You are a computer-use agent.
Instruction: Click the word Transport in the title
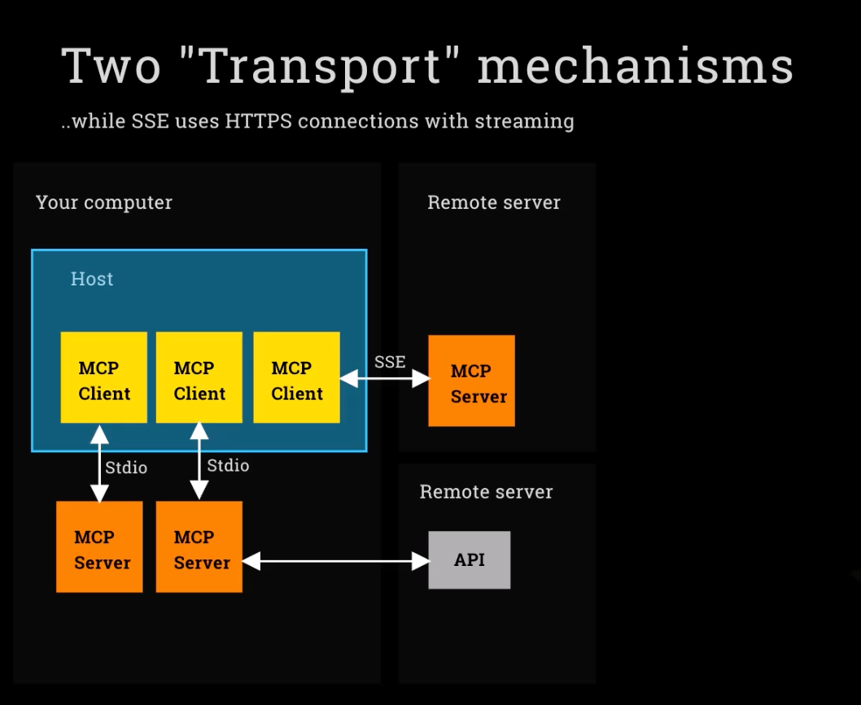321,67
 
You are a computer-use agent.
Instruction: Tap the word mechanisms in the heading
636,65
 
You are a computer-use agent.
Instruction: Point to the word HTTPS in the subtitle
258,120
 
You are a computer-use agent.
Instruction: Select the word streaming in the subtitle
524,121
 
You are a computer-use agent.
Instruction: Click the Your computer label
104,202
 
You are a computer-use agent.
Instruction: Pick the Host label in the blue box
92,279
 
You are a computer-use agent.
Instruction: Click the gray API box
470,559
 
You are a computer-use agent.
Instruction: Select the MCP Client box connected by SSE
296,377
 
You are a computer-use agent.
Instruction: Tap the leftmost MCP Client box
104,377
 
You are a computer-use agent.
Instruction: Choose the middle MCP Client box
199,377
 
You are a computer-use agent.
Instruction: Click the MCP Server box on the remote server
472,381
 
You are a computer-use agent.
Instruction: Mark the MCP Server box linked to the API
199,546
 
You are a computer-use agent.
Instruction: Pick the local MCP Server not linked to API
99,546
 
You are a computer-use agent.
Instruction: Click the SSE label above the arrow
390,362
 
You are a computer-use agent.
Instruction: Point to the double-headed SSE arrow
384,379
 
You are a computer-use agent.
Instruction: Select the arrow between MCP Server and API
335,561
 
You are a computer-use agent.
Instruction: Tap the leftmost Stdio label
126,468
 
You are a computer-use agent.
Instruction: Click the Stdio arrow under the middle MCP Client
199,461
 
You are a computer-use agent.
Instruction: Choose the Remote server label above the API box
486,492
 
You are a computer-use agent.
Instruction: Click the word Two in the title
111,66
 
